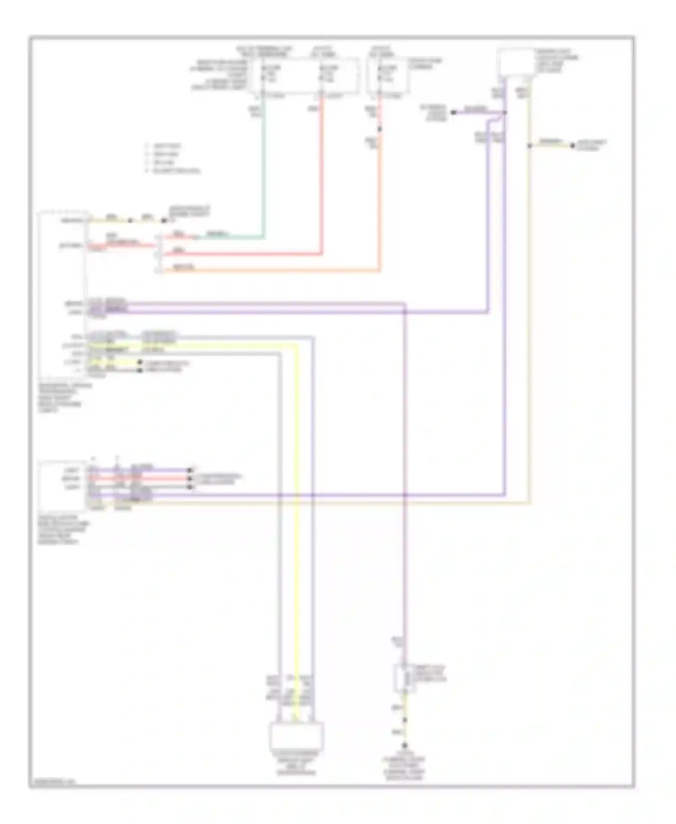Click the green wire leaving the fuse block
[x=263, y=171]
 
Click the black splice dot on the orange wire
[x=379, y=129]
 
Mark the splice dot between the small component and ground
[x=405, y=720]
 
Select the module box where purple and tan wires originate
[x=515, y=63]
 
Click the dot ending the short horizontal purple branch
[x=453, y=112]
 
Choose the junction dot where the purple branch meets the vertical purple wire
[x=505, y=112]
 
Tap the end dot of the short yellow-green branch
[x=572, y=146]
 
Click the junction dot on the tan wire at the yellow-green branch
[x=530, y=146]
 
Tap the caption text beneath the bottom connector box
[x=297, y=763]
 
